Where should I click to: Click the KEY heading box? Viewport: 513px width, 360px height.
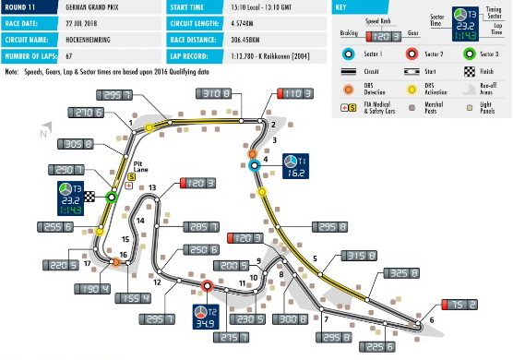342,7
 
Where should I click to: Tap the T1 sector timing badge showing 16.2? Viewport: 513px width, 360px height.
294,165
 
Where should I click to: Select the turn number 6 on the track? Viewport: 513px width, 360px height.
430,320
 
